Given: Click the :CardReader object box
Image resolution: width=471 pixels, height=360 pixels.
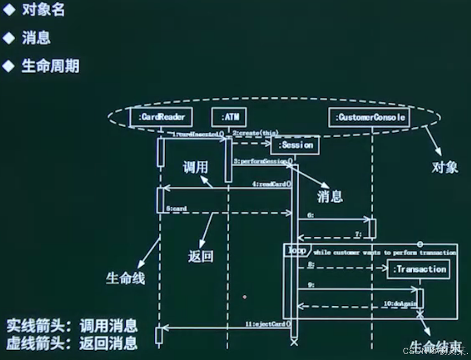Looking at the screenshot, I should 161,117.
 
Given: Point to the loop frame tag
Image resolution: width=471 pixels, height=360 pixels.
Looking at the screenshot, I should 297,251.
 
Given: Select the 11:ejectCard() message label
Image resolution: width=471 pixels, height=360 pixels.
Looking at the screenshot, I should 268,324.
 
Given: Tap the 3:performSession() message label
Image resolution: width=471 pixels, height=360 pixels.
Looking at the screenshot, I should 261,161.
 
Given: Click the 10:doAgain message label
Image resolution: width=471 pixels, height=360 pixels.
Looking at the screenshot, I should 399,304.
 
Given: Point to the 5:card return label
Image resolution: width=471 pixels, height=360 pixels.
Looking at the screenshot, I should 176,209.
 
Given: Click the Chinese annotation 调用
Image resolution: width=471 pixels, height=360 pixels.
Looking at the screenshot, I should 195,168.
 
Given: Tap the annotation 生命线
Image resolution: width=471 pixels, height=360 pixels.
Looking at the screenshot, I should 125,279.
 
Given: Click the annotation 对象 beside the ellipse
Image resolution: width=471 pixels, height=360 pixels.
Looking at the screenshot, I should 445,168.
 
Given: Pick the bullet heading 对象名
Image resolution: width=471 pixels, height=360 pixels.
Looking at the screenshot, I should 43,10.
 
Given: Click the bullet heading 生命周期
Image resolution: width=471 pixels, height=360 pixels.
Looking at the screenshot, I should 50,66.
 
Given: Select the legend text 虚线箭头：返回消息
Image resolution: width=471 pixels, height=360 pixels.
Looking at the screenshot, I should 72,343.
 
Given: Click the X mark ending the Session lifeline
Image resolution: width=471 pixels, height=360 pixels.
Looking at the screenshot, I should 294,342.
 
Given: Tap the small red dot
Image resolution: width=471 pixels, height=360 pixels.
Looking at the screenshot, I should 244,297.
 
